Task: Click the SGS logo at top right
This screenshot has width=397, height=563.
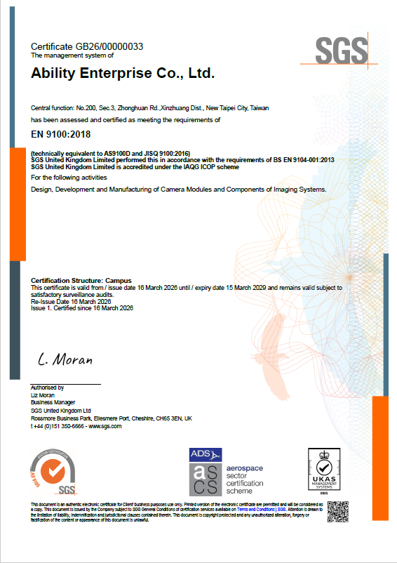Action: [x=341, y=51]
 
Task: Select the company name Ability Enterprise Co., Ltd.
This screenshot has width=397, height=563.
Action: [x=123, y=73]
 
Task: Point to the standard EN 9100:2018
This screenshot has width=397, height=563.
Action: [x=61, y=134]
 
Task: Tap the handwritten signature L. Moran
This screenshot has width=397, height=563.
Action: [x=65, y=359]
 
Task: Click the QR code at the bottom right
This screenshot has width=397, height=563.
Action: [x=338, y=512]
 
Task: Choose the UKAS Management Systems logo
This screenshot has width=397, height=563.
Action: [x=324, y=468]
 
